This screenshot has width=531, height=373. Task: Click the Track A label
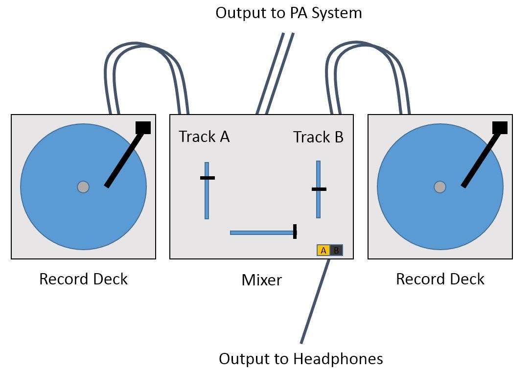pos(204,137)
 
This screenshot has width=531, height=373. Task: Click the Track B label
pos(318,137)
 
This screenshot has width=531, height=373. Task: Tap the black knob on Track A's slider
pos(208,178)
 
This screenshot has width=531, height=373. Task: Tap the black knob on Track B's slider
pos(319,188)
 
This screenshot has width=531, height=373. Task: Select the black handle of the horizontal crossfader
pos(295,232)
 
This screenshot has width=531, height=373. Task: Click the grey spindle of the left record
pos(83,186)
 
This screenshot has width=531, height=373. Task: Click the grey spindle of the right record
pos(440,186)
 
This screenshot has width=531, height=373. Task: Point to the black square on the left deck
pos(143,127)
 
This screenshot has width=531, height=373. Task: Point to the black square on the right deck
pos(500,127)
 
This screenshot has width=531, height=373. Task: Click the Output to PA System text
pos(289,13)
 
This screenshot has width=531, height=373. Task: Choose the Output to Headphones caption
pos(300,359)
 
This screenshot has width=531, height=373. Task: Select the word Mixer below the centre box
pos(262,280)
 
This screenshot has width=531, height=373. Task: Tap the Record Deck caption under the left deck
pos(83,279)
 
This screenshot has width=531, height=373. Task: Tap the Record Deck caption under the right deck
pos(440,279)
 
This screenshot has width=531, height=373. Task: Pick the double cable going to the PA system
pos(274,73)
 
